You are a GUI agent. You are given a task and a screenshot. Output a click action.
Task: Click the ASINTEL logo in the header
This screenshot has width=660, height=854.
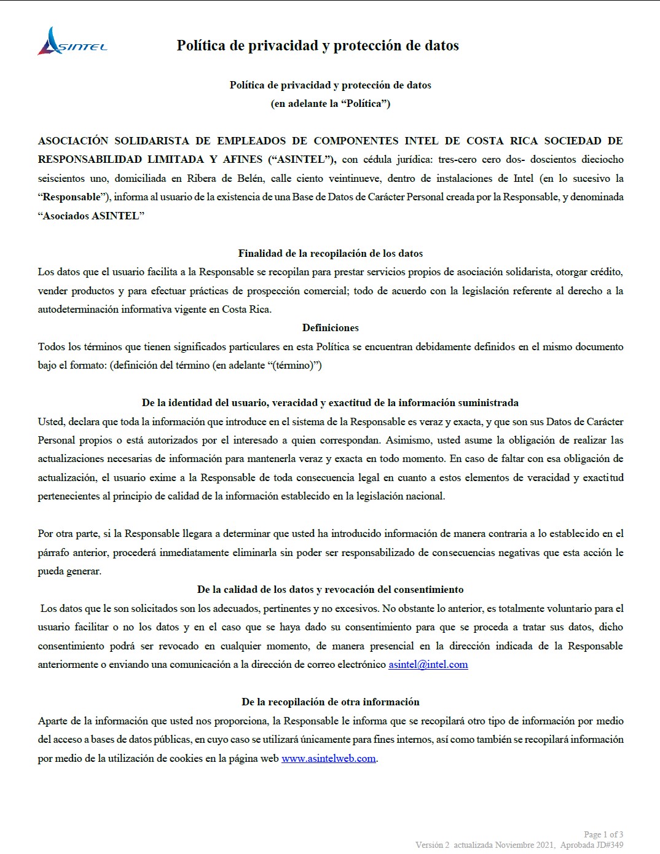73,42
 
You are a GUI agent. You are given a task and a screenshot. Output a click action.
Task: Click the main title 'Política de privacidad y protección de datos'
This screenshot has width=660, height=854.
318,45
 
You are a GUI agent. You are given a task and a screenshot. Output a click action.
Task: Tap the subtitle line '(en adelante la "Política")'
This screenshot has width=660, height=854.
330,103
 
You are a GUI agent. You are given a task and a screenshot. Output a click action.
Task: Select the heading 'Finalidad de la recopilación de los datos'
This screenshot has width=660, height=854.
330,253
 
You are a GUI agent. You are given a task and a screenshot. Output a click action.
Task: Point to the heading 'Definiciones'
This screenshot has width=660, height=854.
330,327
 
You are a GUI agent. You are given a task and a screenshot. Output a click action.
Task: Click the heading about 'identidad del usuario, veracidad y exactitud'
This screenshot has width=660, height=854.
330,402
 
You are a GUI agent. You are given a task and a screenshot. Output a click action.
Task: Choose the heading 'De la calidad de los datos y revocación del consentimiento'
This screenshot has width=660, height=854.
330,589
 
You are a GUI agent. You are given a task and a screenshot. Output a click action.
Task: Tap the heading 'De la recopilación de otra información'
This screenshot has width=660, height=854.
330,702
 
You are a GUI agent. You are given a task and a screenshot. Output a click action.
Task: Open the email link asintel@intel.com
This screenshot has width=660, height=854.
428,664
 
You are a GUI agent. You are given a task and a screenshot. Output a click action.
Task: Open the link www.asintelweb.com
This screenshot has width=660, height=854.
328,758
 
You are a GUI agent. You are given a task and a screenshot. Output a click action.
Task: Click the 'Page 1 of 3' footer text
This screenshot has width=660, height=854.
603,834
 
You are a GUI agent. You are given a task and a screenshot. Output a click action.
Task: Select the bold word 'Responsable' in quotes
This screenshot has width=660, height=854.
71,197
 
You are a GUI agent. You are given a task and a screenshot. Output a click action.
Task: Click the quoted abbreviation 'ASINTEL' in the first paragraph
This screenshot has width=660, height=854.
301,159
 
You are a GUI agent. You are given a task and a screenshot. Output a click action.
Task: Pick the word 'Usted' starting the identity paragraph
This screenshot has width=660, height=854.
50,421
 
